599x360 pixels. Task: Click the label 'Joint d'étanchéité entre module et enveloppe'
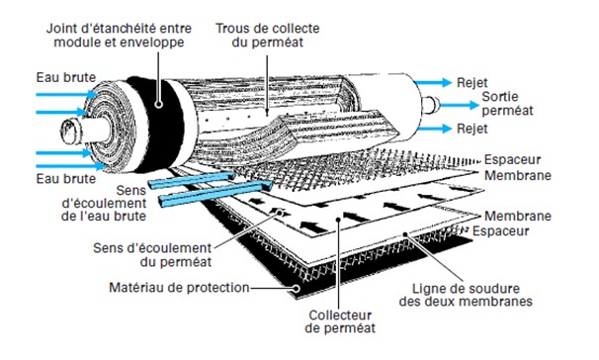point(119,36)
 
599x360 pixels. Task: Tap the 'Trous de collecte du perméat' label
point(268,36)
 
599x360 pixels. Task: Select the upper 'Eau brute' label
point(65,77)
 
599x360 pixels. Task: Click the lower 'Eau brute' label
point(65,179)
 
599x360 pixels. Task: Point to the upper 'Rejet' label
point(472,83)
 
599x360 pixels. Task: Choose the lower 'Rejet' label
point(472,129)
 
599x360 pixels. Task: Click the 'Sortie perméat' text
point(507,104)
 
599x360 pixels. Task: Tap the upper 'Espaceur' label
point(512,160)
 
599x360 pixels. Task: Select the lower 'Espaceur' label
point(500,231)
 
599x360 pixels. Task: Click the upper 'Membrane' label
point(518,176)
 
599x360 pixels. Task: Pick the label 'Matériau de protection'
point(179,288)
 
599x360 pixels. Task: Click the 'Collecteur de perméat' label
point(340,321)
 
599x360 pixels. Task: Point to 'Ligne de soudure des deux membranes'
point(466,295)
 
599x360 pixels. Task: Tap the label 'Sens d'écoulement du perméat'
point(152,255)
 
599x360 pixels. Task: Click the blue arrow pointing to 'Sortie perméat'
point(460,105)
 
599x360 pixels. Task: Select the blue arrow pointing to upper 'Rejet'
point(433,82)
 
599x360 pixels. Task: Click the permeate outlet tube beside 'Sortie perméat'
point(431,105)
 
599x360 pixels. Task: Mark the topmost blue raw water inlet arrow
point(67,94)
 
